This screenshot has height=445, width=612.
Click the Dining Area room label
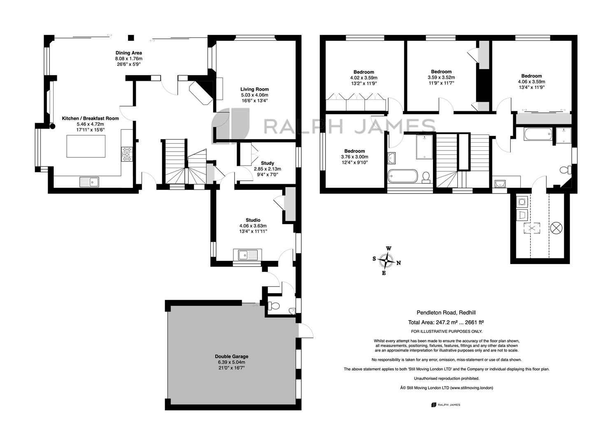(129, 53)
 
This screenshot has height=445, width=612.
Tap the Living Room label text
(254, 89)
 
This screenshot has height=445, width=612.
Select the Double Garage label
(231, 356)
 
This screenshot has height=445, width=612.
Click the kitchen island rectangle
(86, 146)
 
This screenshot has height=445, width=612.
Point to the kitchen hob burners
(127, 154)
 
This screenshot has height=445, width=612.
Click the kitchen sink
(89, 182)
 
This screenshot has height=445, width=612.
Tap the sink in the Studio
(247, 255)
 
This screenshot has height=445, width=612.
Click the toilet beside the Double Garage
(274, 305)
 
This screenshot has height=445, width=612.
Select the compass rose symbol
(386, 261)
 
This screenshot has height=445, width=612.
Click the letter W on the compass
(389, 248)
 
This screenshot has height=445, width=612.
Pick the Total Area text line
(446, 322)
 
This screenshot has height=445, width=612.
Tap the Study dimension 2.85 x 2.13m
(267, 169)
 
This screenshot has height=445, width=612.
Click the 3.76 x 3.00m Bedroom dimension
(354, 157)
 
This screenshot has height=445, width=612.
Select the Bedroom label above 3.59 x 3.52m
(441, 72)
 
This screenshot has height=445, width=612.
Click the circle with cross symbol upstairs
(556, 228)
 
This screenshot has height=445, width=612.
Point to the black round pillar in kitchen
(52, 126)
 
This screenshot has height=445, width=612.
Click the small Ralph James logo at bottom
(446, 405)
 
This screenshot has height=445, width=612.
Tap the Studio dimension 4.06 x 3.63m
(253, 226)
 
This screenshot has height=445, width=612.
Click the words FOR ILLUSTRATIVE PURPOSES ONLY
(447, 332)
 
